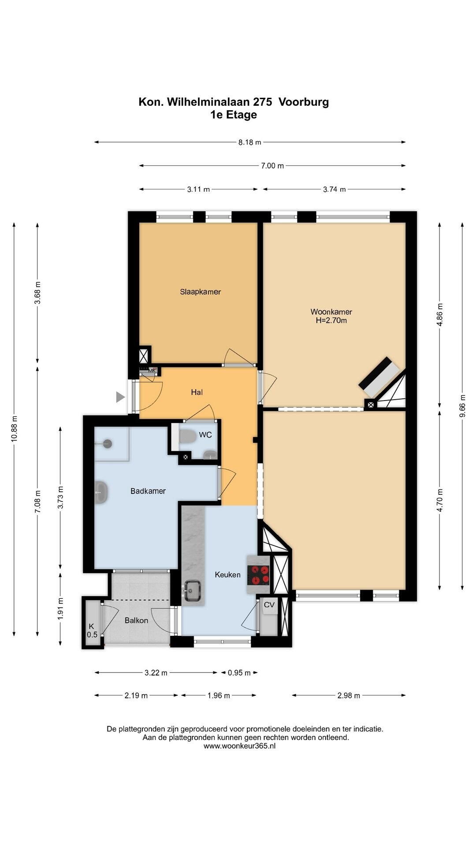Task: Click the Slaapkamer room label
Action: click(200, 292)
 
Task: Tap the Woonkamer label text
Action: click(331, 312)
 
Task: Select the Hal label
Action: click(197, 392)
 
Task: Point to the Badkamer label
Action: click(148, 491)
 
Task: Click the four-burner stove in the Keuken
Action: click(259, 575)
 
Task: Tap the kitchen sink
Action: click(192, 590)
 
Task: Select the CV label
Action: click(269, 605)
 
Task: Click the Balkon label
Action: click(136, 620)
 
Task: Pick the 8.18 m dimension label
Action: click(250, 142)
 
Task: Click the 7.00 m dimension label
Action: click(272, 166)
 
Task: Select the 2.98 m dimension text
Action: click(349, 696)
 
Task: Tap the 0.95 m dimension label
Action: click(239, 673)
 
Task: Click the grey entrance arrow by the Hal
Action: click(120, 397)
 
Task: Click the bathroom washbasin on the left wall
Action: click(101, 491)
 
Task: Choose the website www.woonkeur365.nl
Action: click(239, 746)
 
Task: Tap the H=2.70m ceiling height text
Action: click(331, 321)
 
